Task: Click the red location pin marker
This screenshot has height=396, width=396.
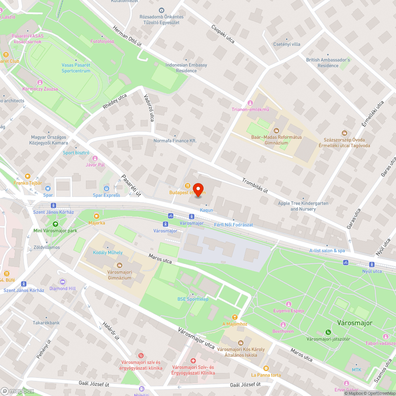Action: pyautogui.click(x=198, y=189)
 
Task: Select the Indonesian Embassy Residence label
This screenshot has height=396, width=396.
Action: pyautogui.click(x=186, y=68)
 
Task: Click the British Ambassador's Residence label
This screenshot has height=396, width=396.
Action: pyautogui.click(x=328, y=63)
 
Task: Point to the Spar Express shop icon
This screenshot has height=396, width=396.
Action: pyautogui.click(x=106, y=188)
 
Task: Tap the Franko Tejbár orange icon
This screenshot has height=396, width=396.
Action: pyautogui.click(x=27, y=176)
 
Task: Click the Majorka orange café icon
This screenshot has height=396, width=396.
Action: pyautogui.click(x=97, y=216)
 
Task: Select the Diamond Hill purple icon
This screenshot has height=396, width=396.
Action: pyautogui.click(x=63, y=282)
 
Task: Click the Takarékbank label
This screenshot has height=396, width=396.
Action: pyautogui.click(x=46, y=323)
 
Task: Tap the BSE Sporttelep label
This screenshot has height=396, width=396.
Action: pyautogui.click(x=193, y=299)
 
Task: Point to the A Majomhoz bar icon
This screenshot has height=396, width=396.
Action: pyautogui.click(x=235, y=317)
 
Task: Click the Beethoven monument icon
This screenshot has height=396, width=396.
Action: pyautogui.click(x=283, y=324)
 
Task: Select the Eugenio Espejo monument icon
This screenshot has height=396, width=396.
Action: pyautogui.click(x=289, y=304)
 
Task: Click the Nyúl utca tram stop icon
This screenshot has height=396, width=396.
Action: pyautogui.click(x=372, y=265)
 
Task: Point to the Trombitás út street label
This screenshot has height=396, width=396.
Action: pyautogui.click(x=255, y=185)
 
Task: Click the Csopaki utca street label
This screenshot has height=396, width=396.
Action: pyautogui.click(x=223, y=35)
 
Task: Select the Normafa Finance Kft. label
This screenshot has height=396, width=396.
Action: pyautogui.click(x=175, y=141)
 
